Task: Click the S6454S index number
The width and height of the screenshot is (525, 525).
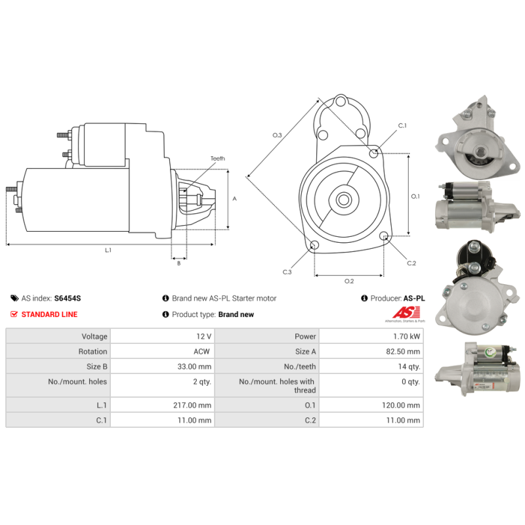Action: point(67,298)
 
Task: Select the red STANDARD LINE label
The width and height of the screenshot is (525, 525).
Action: point(49,314)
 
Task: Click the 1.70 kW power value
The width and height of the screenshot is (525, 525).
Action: point(408,336)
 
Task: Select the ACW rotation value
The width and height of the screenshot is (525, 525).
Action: point(202,352)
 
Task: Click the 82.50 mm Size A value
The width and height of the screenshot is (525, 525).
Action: point(404,352)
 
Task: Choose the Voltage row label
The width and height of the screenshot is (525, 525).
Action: point(91,336)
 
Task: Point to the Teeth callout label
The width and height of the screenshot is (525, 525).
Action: point(217,159)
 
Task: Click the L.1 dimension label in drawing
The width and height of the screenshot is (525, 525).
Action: point(108,250)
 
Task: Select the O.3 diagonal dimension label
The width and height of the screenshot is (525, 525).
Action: point(278,135)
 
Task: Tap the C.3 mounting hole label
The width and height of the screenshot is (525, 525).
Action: point(287,272)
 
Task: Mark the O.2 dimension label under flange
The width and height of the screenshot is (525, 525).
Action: point(349,282)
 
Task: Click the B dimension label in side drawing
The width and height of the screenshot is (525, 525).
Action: point(178,264)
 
